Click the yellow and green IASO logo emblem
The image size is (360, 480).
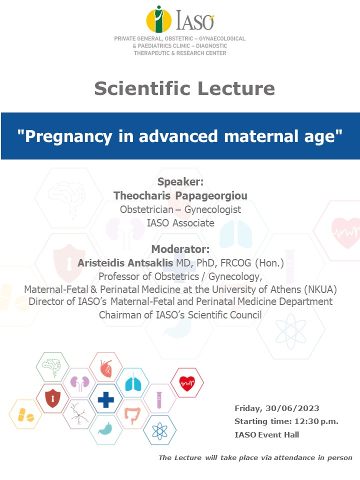[158, 19]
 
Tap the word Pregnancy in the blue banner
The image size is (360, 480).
[68, 136]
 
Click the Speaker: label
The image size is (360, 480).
[180, 182]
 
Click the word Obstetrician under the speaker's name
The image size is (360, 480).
[146, 209]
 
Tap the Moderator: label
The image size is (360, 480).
[180, 249]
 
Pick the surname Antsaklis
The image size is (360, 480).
[150, 262]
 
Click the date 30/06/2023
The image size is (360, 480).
[292, 408]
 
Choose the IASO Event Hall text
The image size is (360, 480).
[266, 434]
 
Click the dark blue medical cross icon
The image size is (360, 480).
[106, 399]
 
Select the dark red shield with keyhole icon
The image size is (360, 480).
[52, 398]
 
